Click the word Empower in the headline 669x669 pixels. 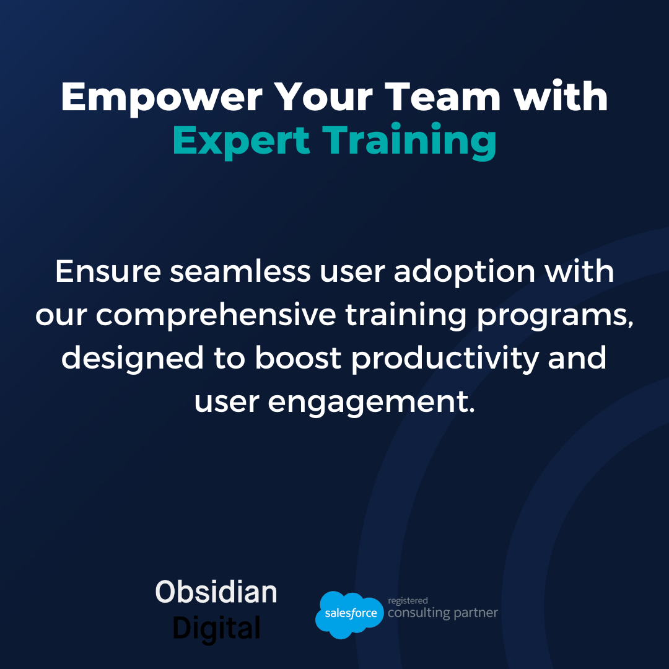(x=162, y=98)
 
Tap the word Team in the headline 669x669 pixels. (x=442, y=97)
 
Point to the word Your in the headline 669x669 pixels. (x=323, y=97)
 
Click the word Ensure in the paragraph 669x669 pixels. (x=108, y=271)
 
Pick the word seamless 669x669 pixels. (x=240, y=271)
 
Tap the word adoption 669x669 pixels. (x=464, y=272)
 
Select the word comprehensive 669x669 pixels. (x=216, y=315)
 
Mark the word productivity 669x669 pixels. (x=445, y=359)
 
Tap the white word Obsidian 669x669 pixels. (x=216, y=592)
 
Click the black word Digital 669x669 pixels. (x=216, y=629)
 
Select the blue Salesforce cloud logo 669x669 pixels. (x=349, y=614)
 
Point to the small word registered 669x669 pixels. (x=408, y=601)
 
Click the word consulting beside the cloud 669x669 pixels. (x=418, y=613)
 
